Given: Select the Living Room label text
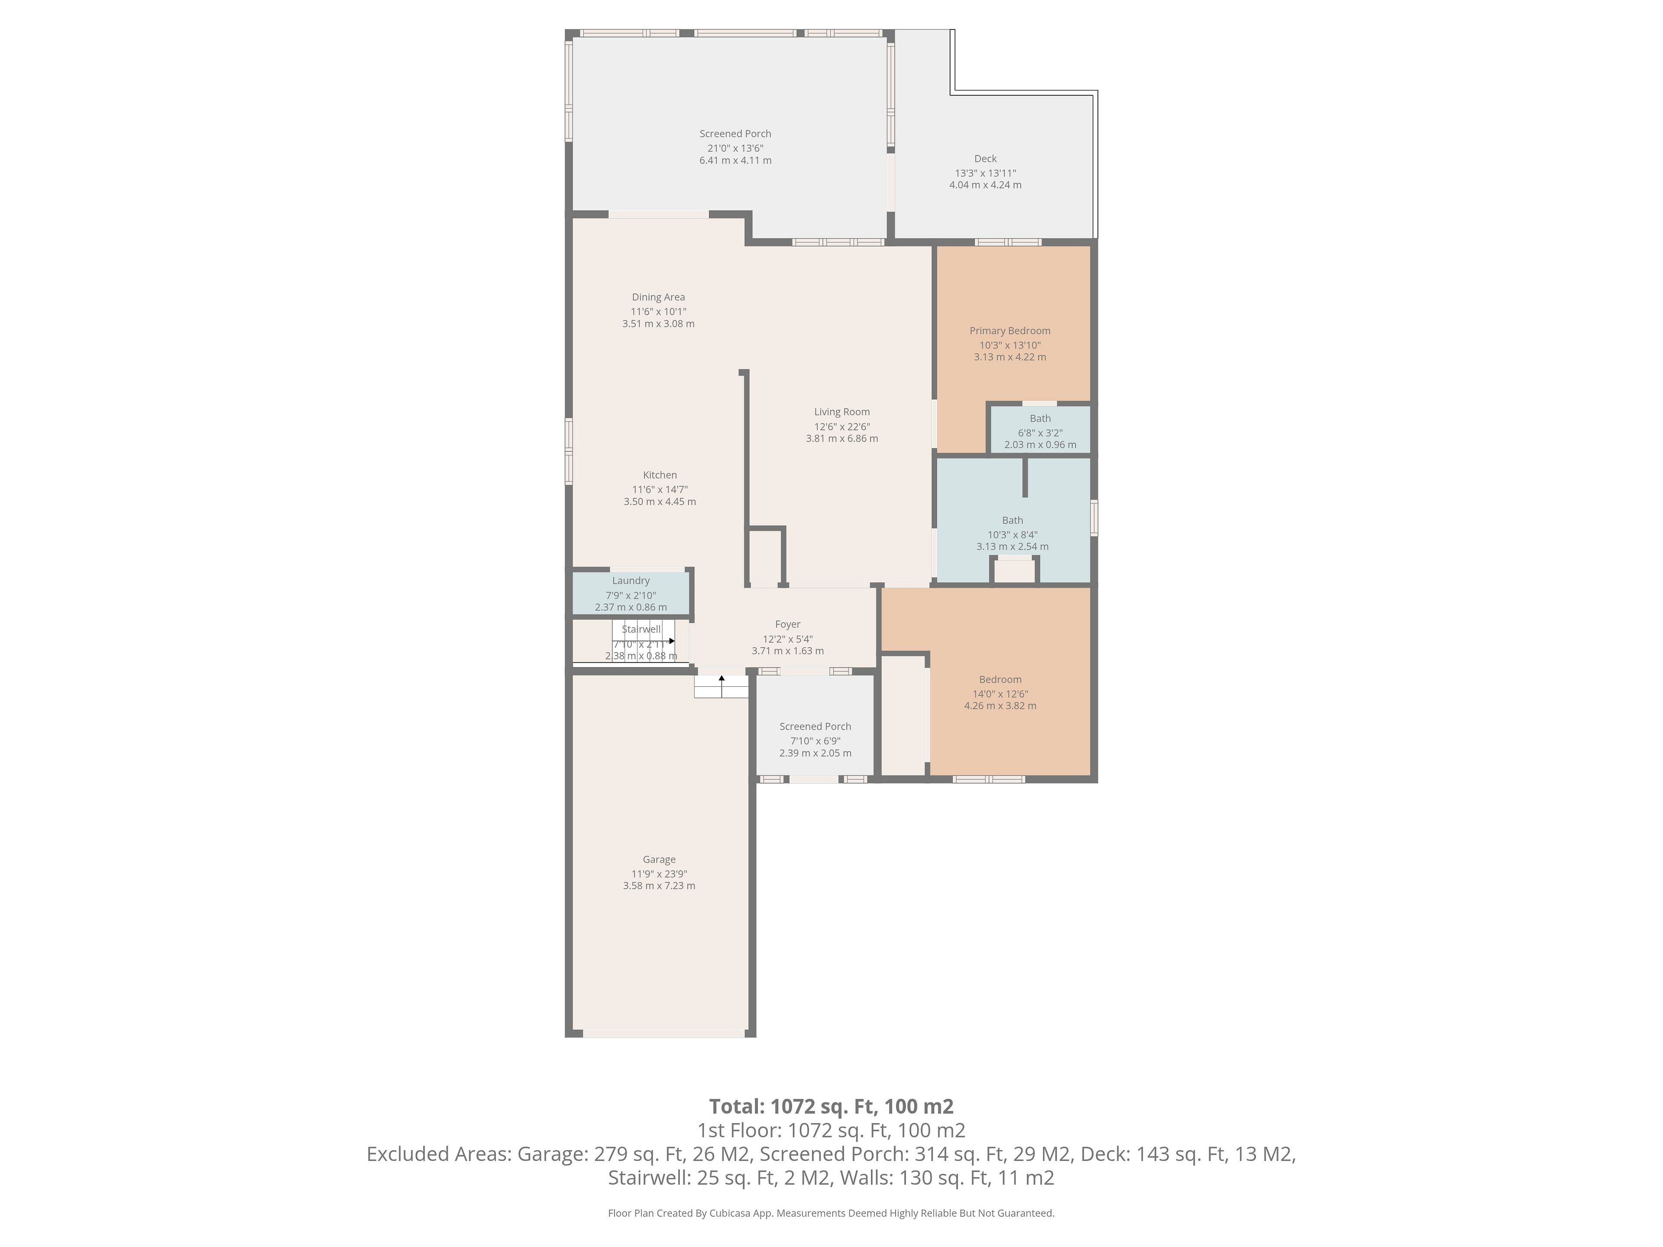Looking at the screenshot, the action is pos(841,412).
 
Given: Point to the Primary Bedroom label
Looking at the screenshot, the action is pos(1009,331).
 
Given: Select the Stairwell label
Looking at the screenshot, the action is pos(641,629).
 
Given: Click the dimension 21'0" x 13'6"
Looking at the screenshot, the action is pos(735,148).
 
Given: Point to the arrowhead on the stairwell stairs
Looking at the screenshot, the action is pos(671,641).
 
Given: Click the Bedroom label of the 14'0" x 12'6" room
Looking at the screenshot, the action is pos(1000,679).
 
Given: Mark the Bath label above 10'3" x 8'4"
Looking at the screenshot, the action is pos(1012,520).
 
